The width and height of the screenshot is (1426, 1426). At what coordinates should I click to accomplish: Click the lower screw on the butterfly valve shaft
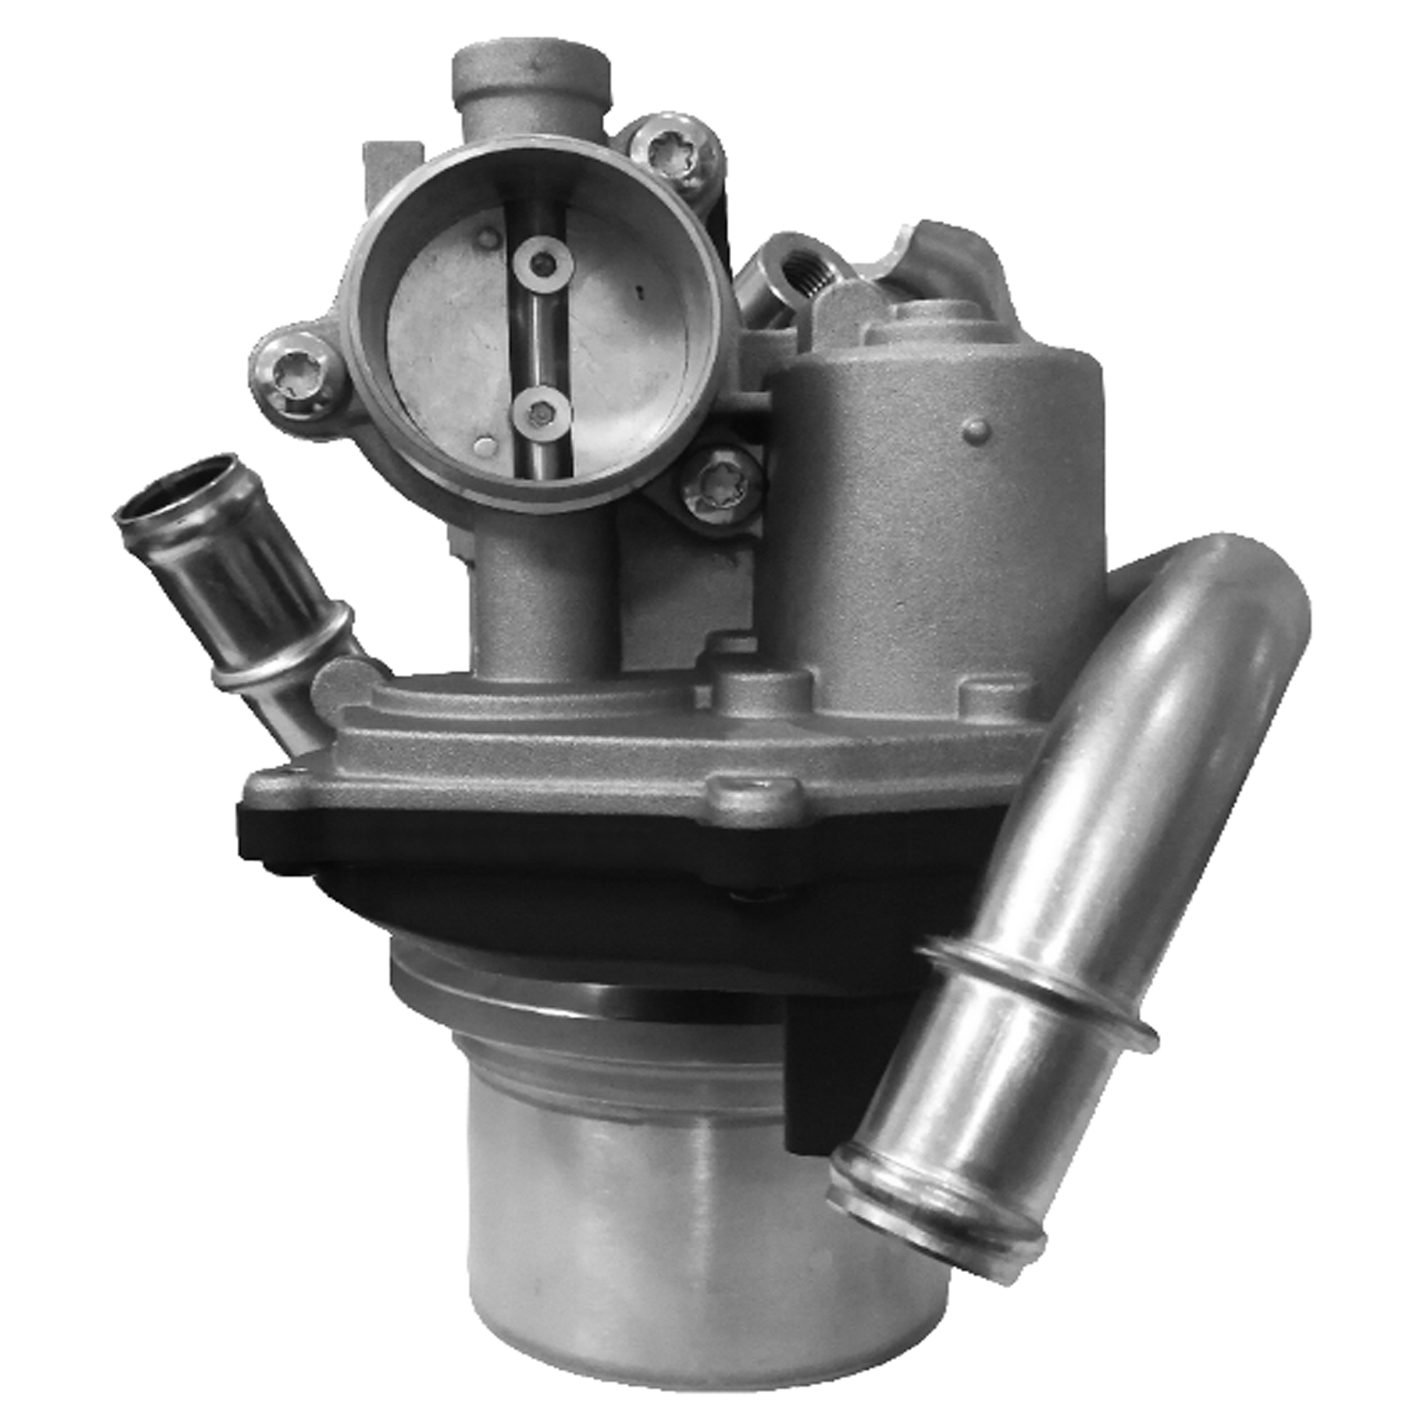(x=540, y=415)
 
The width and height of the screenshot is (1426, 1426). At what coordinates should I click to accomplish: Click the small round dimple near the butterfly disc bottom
(x=485, y=445)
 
